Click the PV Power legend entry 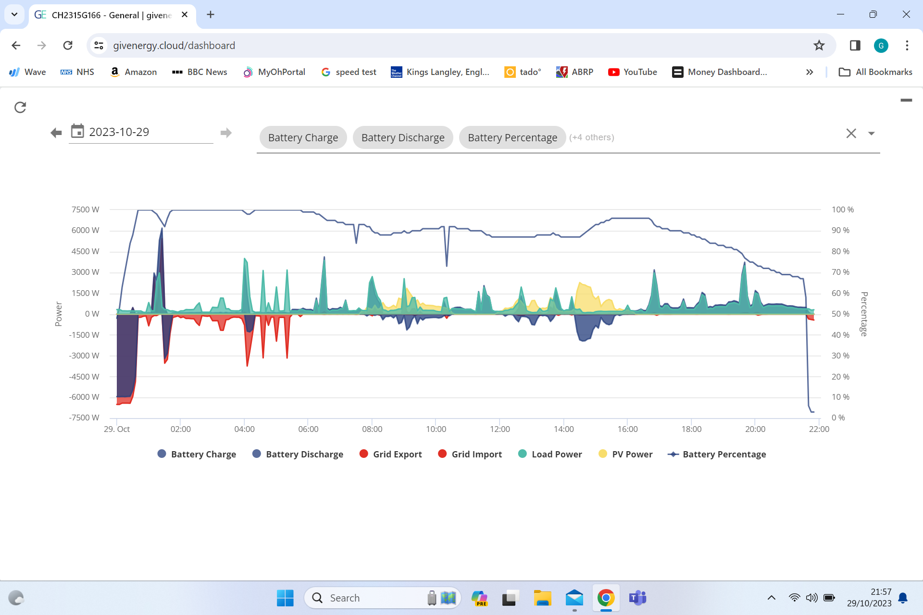625,454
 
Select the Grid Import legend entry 470,454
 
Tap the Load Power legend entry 550,454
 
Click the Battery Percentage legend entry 717,454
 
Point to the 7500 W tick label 85,209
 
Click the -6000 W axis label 84,397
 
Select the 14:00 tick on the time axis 563,429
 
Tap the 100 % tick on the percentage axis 843,209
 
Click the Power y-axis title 59,314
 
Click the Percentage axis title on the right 864,314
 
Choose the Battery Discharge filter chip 403,137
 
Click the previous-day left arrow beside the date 56,133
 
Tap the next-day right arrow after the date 226,133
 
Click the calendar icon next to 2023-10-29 77,131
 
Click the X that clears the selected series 851,133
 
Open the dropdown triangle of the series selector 871,134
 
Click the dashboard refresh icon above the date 20,107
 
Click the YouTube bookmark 632,72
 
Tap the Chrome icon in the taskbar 606,598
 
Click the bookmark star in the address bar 819,46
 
